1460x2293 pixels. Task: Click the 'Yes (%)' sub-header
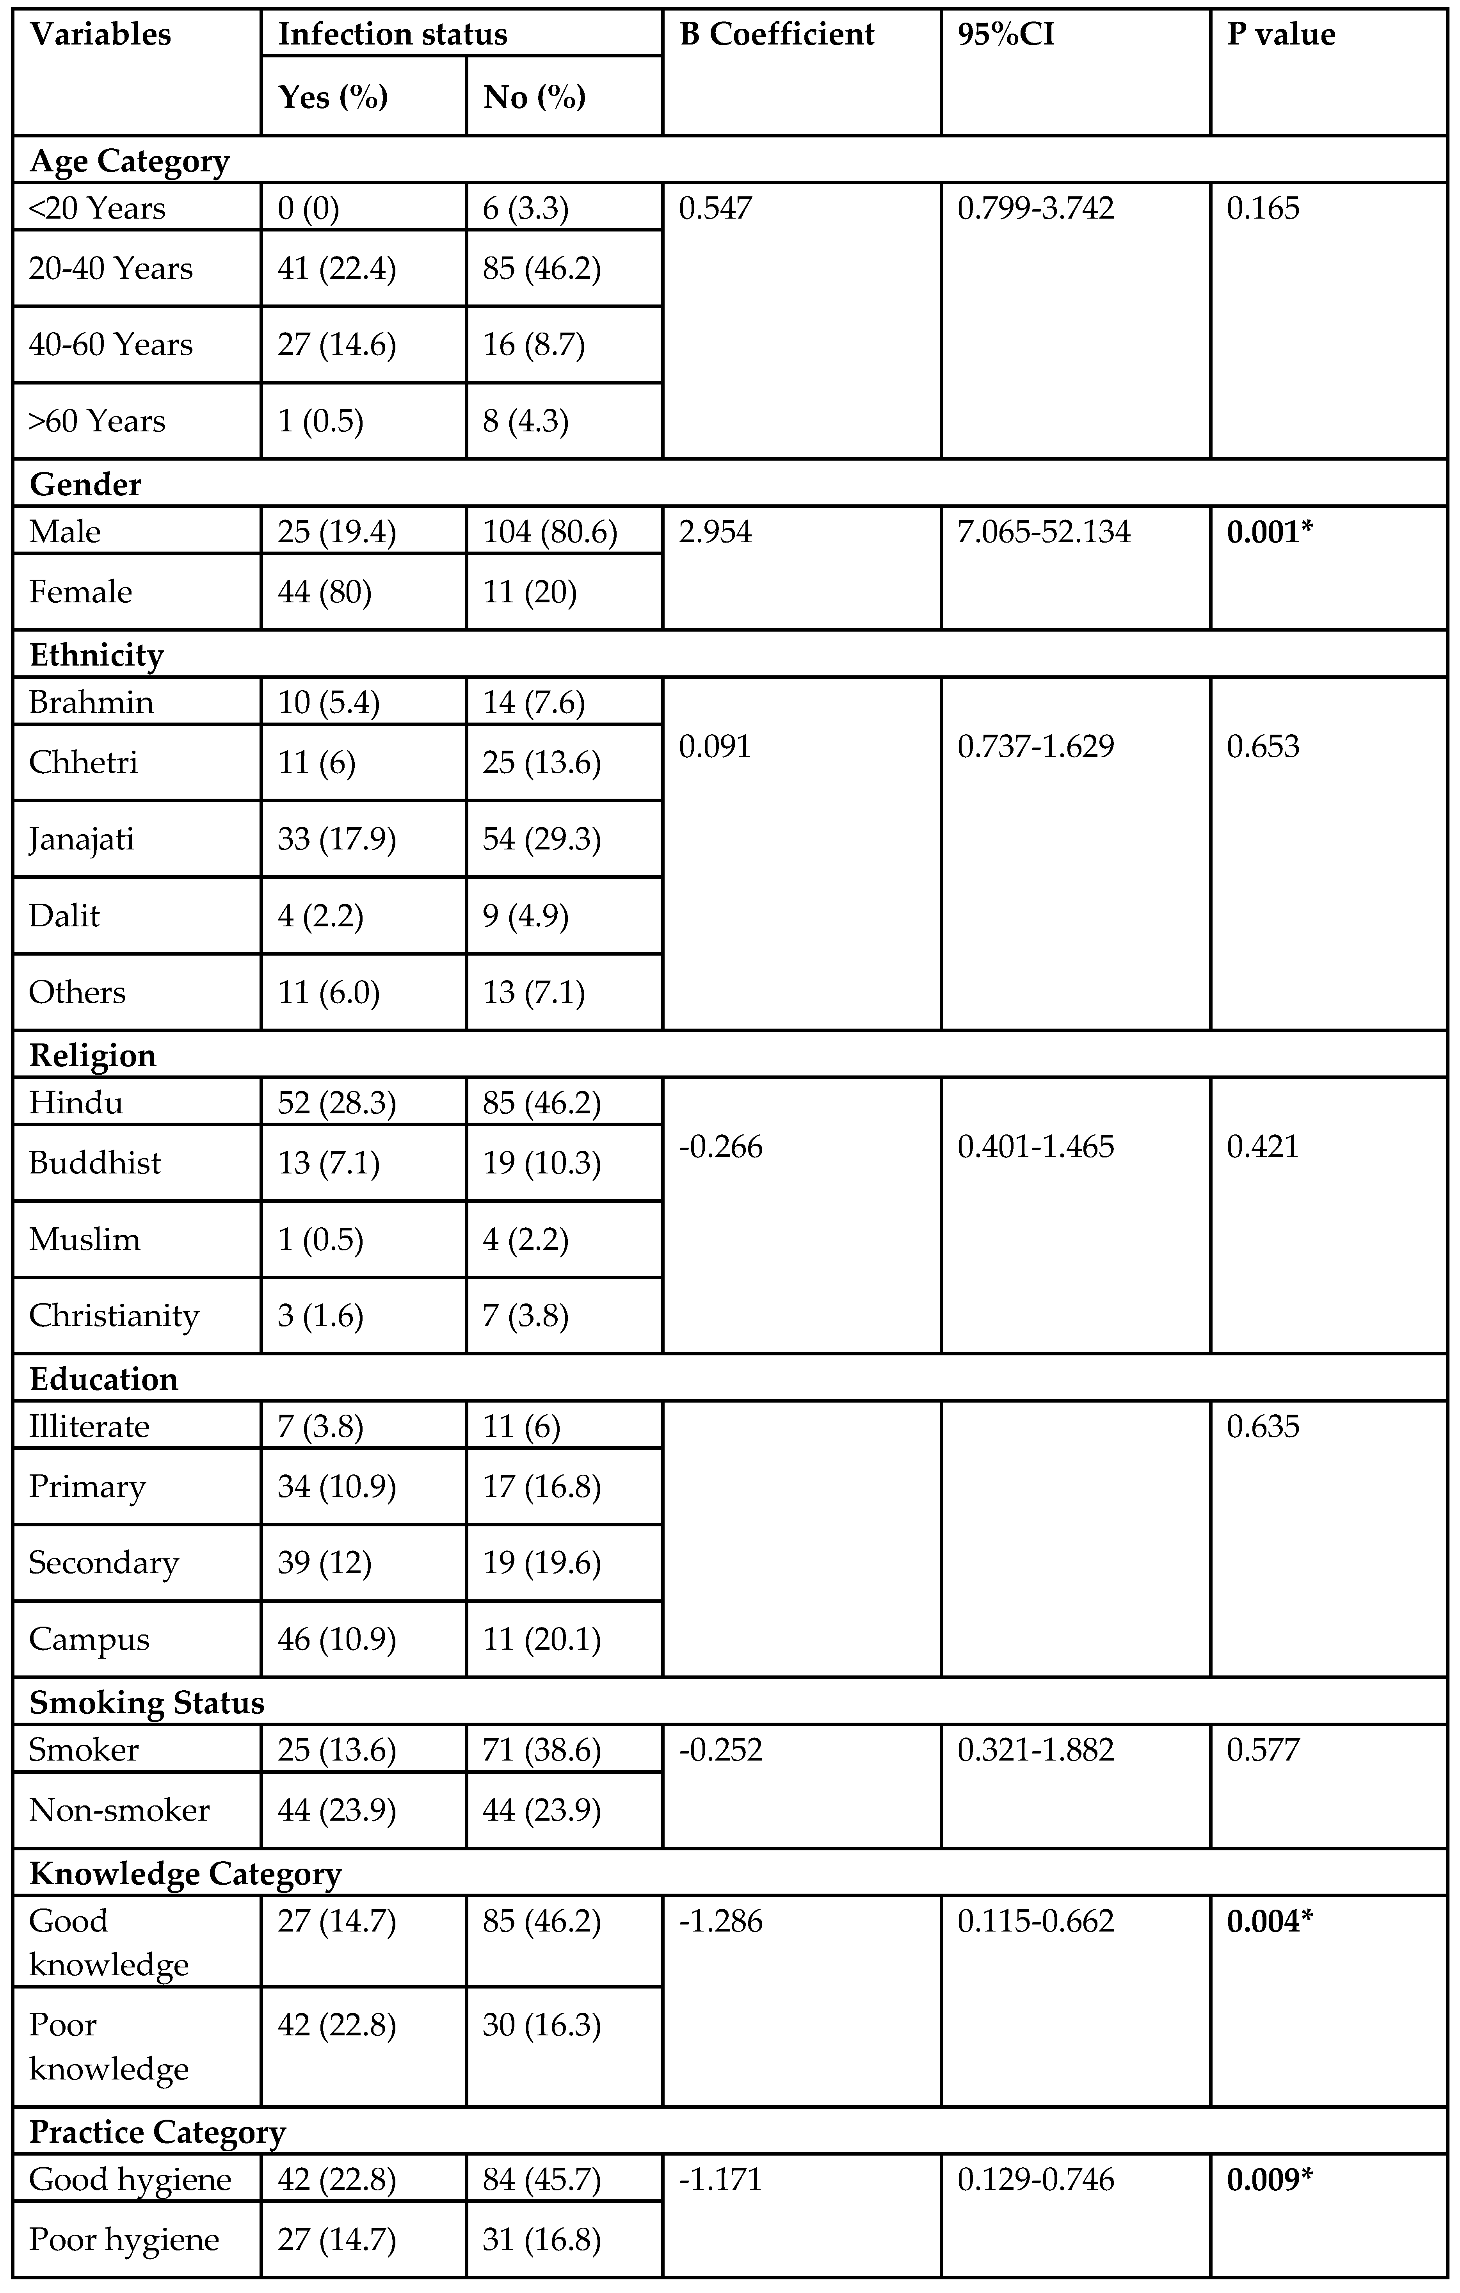pyautogui.click(x=332, y=97)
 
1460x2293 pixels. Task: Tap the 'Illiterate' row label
pyautogui.click(x=89, y=1426)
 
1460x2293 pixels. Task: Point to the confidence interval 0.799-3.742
pyautogui.click(x=1035, y=208)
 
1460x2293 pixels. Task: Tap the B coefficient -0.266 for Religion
pyautogui.click(x=720, y=1146)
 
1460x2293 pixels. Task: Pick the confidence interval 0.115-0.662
pyautogui.click(x=1035, y=1921)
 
